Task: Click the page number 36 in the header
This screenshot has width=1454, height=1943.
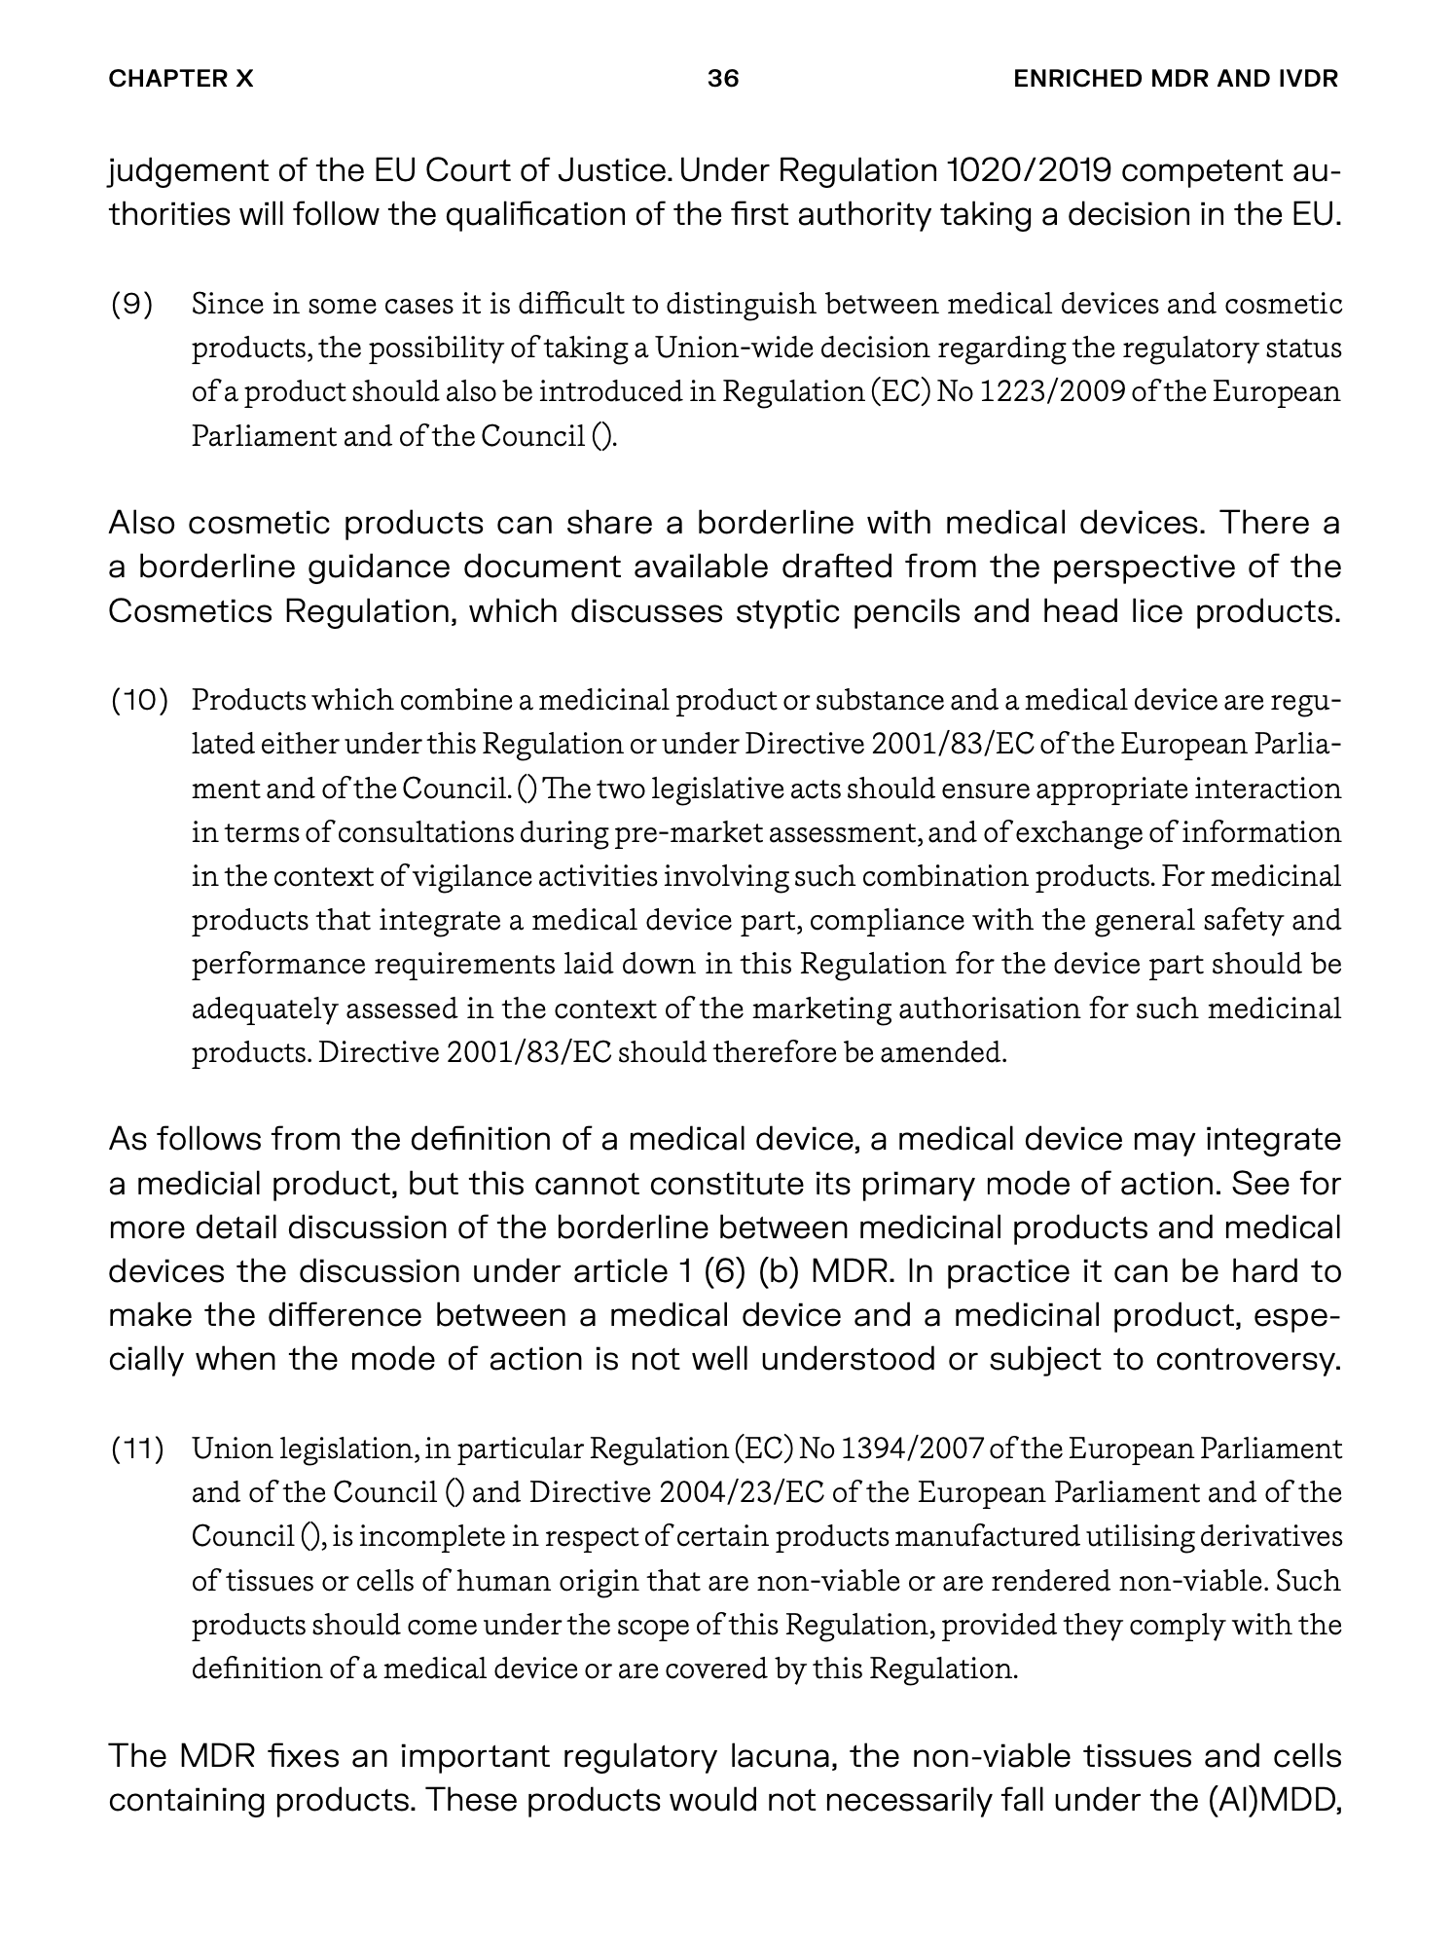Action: point(723,79)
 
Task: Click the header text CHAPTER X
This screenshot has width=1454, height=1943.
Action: point(181,79)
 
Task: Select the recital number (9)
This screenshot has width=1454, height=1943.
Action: point(131,305)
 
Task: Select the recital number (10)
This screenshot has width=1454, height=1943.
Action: point(139,700)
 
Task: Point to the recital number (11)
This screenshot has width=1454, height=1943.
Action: point(137,1449)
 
